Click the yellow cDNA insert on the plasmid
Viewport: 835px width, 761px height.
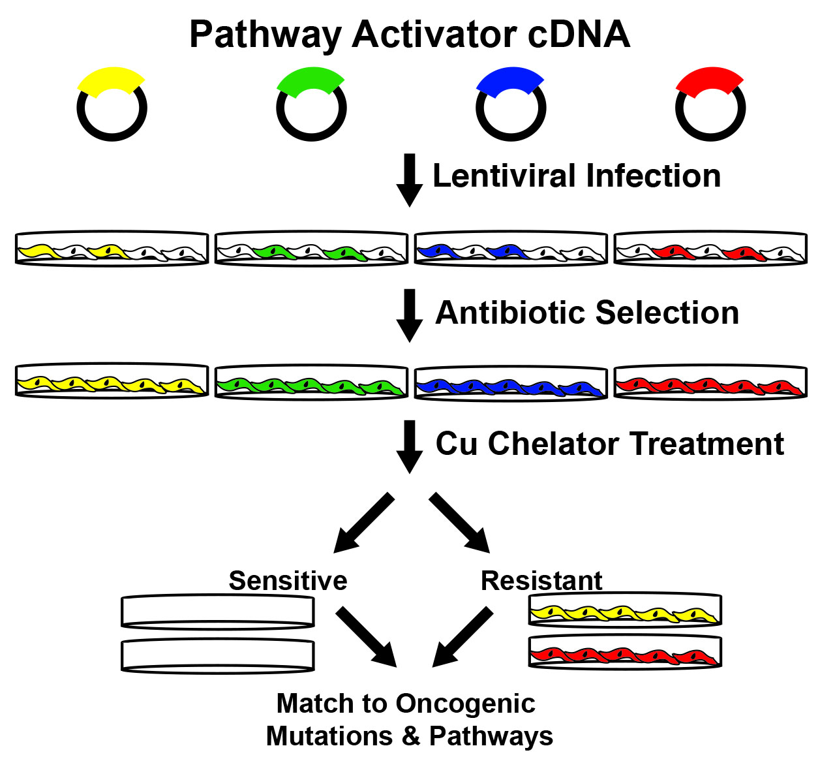[x=111, y=80]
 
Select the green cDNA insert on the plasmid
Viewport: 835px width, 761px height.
[x=311, y=80]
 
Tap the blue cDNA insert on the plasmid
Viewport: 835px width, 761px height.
[x=510, y=80]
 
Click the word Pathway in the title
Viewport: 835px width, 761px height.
[x=266, y=36]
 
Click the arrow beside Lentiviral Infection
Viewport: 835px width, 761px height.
[x=410, y=180]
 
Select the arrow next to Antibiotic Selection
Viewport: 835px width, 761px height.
[x=410, y=316]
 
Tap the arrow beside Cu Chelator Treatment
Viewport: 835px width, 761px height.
[x=410, y=446]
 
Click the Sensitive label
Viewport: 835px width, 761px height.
[x=288, y=581]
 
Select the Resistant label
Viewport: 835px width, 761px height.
[x=541, y=581]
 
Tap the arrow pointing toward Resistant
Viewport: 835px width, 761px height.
[x=459, y=523]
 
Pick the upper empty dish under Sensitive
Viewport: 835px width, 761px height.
[x=218, y=612]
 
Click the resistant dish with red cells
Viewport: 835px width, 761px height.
[x=625, y=653]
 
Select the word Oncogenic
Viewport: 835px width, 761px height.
[x=465, y=705]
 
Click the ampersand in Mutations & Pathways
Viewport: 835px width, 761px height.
[x=411, y=736]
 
